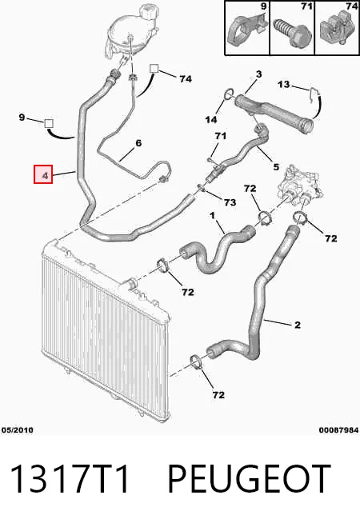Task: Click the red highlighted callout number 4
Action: click(43, 174)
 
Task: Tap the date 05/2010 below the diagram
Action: click(18, 430)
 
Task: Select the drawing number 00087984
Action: click(338, 430)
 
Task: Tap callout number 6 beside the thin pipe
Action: click(138, 143)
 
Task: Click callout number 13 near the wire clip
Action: click(283, 85)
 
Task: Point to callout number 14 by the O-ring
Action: click(211, 119)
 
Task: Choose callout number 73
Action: click(230, 202)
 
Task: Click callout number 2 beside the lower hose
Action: click(298, 325)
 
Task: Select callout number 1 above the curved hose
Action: click(213, 216)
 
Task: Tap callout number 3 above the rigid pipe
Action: click(259, 74)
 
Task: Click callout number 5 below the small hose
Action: click(276, 166)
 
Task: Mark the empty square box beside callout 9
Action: click(49, 123)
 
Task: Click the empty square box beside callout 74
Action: click(154, 69)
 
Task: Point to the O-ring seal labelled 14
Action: click(228, 94)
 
